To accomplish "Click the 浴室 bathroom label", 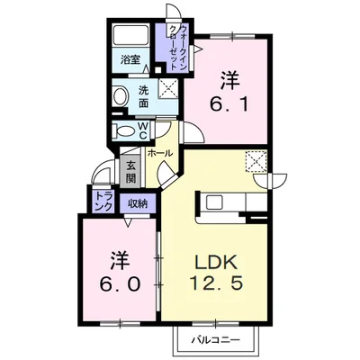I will coord(130,60).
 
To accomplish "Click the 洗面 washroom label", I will coord(145,94).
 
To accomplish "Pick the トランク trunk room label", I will coord(102,202).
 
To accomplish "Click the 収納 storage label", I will coord(137,202).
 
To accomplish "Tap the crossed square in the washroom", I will coord(168,88).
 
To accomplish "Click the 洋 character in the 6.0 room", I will coord(118,260).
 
